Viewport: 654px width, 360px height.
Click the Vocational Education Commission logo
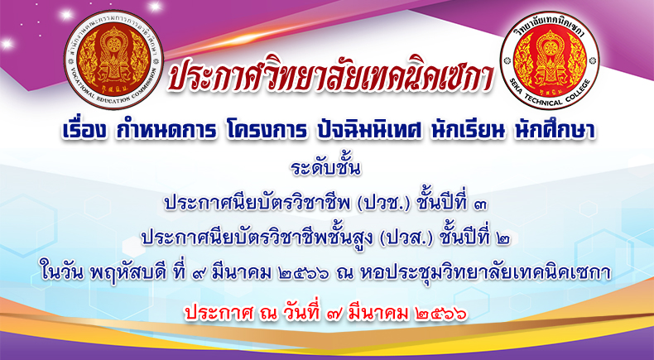(114, 60)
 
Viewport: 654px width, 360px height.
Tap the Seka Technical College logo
(550, 60)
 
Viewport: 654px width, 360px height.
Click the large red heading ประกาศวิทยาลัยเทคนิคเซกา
(330, 76)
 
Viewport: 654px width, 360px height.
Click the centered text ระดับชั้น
(325, 169)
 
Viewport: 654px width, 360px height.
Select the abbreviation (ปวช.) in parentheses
(379, 204)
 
